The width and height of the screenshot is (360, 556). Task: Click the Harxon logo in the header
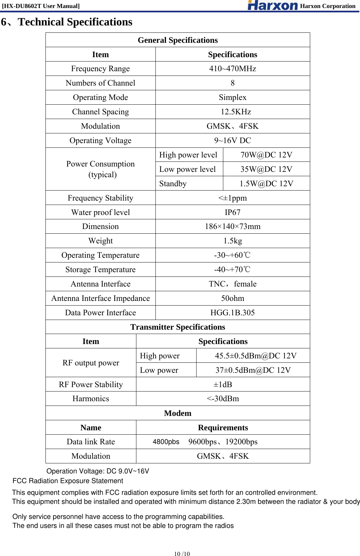pyautogui.click(x=272, y=5)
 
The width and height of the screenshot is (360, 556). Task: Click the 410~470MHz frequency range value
pyautogui.click(x=233, y=69)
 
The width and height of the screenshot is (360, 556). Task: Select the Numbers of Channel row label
pyautogui.click(x=100, y=83)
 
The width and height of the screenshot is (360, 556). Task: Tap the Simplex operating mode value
pyautogui.click(x=233, y=97)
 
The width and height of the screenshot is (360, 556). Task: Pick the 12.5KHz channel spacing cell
pyautogui.click(x=236, y=112)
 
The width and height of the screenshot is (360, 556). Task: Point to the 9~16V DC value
pyautogui.click(x=233, y=140)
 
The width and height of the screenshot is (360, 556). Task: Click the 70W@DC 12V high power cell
pyautogui.click(x=266, y=155)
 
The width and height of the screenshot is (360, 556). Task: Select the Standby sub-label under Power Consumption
pyautogui.click(x=173, y=184)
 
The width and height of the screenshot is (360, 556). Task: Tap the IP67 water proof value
pyautogui.click(x=233, y=212)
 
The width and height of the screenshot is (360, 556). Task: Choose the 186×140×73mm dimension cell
pyautogui.click(x=233, y=226)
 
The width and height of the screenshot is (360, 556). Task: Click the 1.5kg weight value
pyautogui.click(x=233, y=241)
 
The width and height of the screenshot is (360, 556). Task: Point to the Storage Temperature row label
pyautogui.click(x=100, y=269)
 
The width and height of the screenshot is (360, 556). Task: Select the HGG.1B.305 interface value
pyautogui.click(x=233, y=313)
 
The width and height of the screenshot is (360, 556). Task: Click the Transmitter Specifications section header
pyautogui.click(x=177, y=327)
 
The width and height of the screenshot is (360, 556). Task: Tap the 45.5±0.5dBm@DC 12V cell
pyautogui.click(x=256, y=356)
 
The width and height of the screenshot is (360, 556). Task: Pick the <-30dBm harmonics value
pyautogui.click(x=223, y=399)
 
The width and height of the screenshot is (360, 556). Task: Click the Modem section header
pyautogui.click(x=177, y=413)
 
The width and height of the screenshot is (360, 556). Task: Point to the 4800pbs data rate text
pyautogui.click(x=166, y=442)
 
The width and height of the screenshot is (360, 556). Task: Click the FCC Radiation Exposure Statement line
pyautogui.click(x=68, y=481)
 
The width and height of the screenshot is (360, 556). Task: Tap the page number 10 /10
pyautogui.click(x=182, y=554)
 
